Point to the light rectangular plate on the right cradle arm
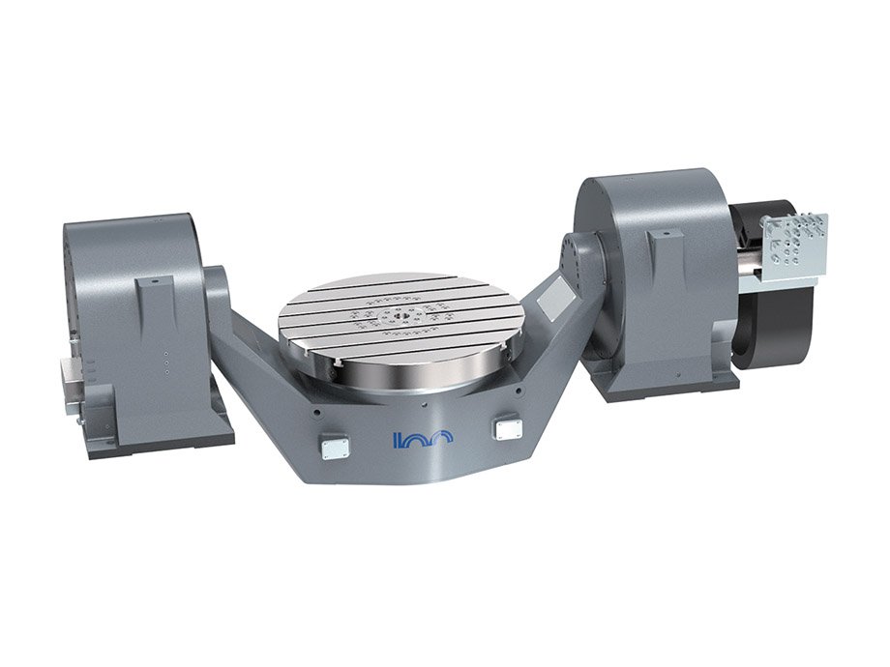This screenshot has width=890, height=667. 552,296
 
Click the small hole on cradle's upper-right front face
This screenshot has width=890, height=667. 520,391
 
